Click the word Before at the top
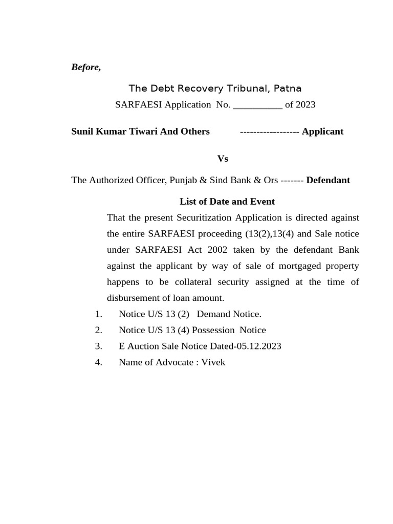(x=85, y=68)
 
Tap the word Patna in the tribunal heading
(x=288, y=89)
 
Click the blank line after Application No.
(x=257, y=105)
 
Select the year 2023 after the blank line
(x=305, y=105)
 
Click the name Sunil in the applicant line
(x=83, y=132)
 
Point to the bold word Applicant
(x=322, y=132)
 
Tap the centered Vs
(x=223, y=159)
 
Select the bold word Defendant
(x=328, y=180)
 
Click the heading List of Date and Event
(x=227, y=202)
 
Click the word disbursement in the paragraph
(x=131, y=298)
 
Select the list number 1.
(x=99, y=314)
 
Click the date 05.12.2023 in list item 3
(x=258, y=346)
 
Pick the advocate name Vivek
(x=213, y=362)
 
